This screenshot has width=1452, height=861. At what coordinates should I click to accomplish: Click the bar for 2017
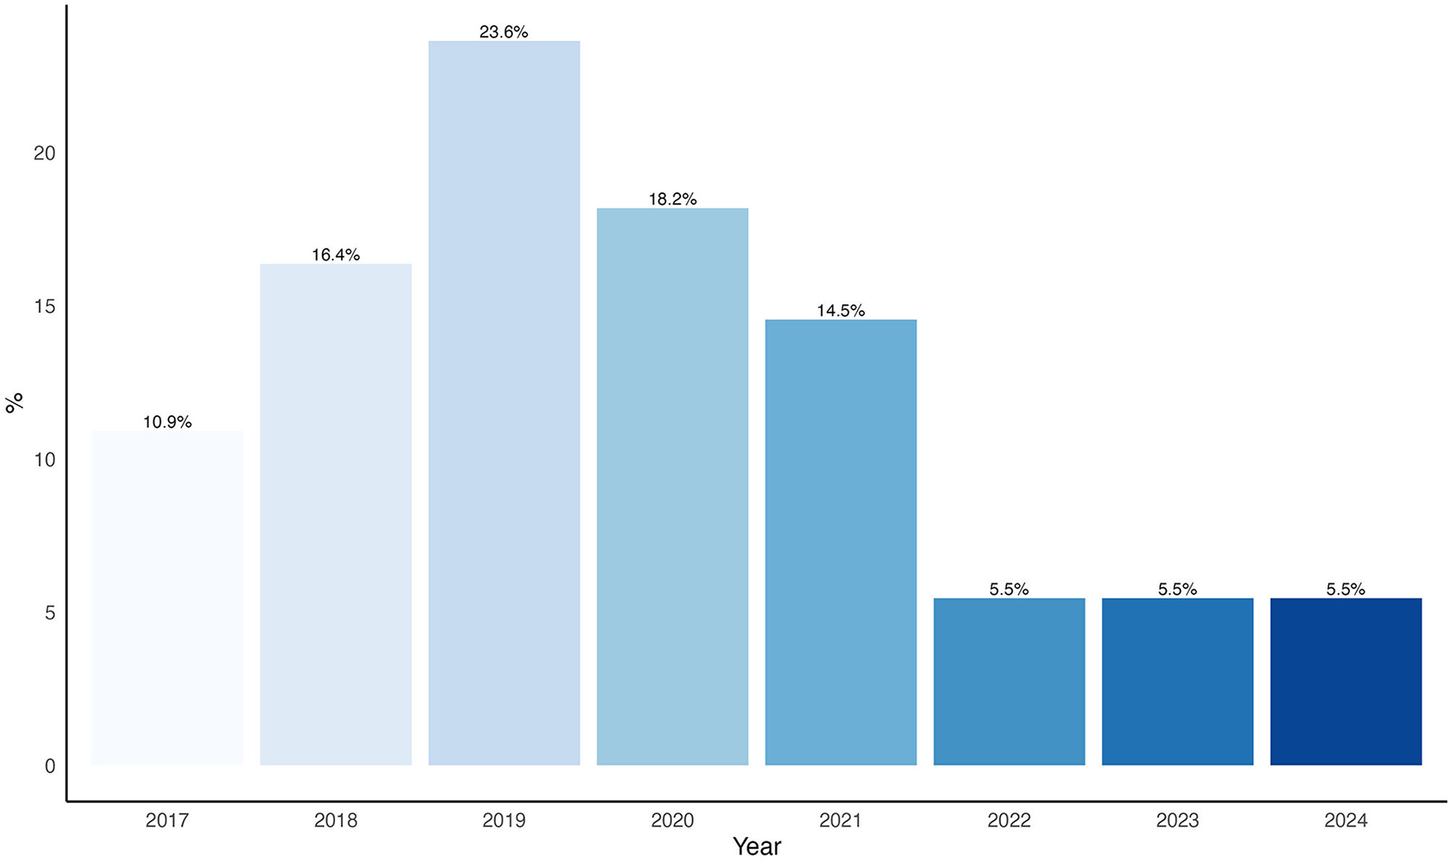tap(167, 598)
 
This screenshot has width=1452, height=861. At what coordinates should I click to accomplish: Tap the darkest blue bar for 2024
tap(1345, 682)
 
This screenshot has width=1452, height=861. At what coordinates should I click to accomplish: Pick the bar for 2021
tap(841, 542)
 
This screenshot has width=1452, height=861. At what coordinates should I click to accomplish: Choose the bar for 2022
tap(1009, 682)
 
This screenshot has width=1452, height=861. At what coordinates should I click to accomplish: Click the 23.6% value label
tap(504, 32)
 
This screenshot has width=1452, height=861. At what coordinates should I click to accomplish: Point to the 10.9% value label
tap(167, 422)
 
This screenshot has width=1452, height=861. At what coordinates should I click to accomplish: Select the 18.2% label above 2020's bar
tap(672, 199)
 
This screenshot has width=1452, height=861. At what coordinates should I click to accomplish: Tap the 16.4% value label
tap(336, 255)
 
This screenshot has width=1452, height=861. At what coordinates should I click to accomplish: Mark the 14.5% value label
tap(841, 310)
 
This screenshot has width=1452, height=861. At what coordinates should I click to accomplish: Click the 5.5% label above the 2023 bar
tap(1177, 589)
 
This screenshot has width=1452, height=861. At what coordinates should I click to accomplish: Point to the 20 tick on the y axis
tap(44, 153)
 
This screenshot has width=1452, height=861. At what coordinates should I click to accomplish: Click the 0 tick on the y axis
tap(50, 766)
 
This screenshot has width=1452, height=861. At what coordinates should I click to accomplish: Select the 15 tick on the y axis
tap(44, 306)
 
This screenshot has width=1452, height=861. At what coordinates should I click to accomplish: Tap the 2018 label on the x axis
tap(336, 820)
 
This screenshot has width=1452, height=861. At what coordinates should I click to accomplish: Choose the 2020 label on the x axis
tap(672, 820)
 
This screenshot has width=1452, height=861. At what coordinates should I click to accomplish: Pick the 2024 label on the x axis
tap(1345, 820)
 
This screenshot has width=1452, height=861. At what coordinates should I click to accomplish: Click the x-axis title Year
tap(756, 846)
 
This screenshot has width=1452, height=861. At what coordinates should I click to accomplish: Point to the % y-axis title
tap(14, 403)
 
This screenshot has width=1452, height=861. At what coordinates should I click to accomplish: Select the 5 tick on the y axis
tap(50, 613)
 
